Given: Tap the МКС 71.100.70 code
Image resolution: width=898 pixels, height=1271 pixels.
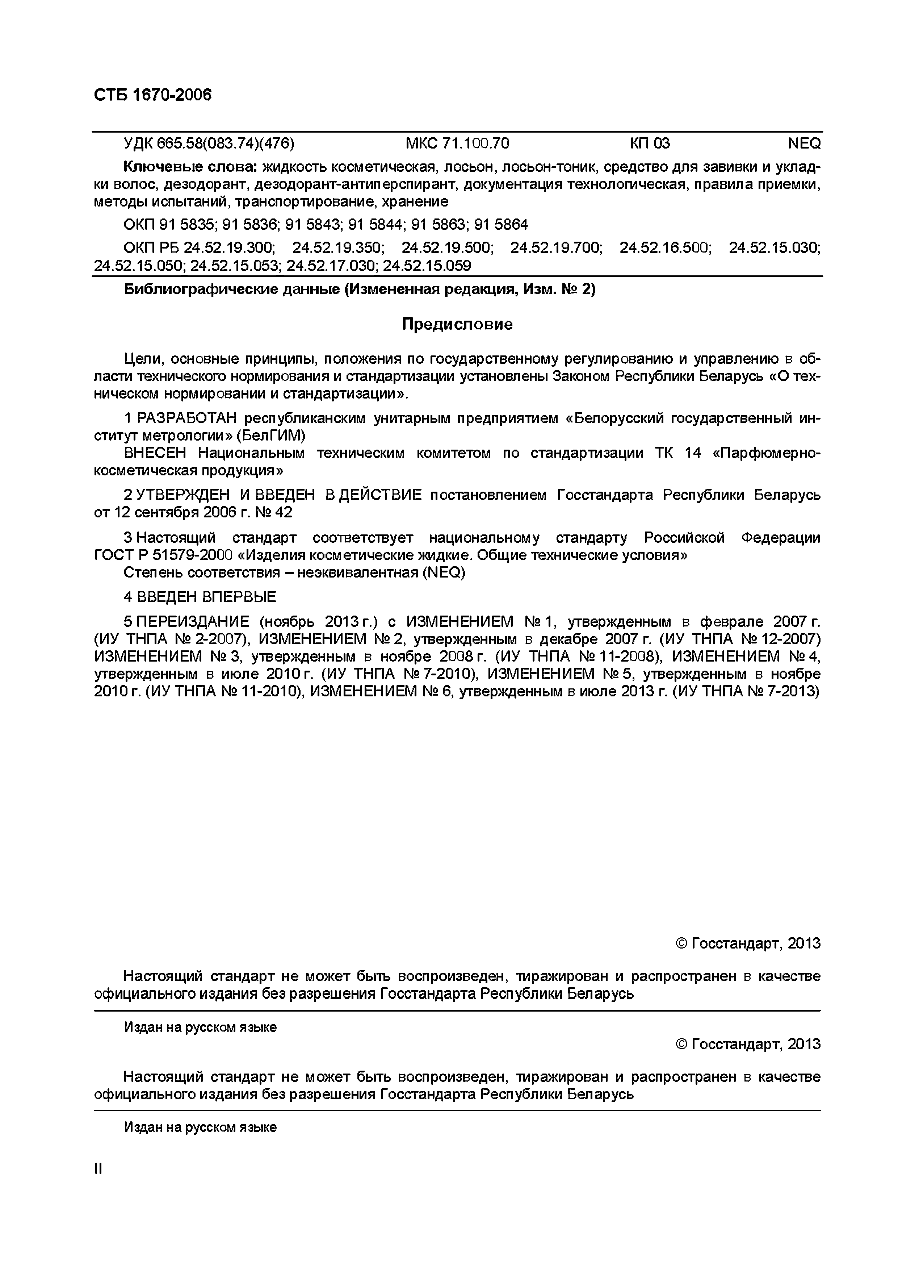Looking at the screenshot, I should (x=457, y=144).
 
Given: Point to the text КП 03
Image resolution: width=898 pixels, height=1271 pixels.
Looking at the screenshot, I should (x=650, y=144).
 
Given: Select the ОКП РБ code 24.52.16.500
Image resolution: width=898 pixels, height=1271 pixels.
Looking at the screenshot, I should (x=664, y=247).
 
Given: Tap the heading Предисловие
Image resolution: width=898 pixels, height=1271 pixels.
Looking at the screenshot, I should (x=457, y=324).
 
